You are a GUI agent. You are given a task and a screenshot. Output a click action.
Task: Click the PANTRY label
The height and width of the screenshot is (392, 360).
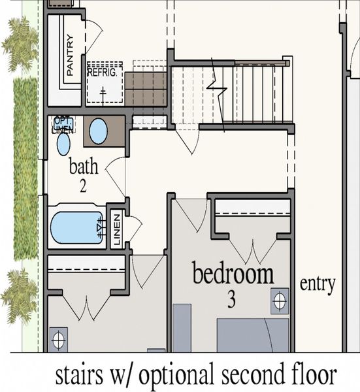coord(71,55)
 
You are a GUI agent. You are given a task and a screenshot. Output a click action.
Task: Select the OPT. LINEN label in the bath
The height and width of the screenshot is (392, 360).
coord(63,125)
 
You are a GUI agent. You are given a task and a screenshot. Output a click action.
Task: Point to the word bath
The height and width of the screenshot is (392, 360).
coord(84,166)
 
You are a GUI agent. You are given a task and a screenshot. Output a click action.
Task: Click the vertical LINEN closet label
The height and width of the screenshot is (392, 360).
coord(116,229)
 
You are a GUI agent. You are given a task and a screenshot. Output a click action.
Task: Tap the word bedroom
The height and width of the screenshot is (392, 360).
coord(233,274)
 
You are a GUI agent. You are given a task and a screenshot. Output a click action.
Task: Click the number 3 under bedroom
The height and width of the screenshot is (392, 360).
coord(231,301)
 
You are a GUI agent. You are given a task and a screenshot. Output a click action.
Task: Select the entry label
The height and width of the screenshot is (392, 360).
coord(318,284)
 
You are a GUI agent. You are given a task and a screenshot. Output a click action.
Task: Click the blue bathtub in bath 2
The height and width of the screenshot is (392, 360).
coord(76,227)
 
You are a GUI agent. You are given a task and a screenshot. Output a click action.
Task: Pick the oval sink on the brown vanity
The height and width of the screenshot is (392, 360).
coord(98,131)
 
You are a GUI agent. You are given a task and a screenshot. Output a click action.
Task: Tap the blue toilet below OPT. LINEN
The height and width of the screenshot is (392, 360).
coord(63,144)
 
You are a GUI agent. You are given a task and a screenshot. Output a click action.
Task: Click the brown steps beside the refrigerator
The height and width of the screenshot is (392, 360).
coord(146,89)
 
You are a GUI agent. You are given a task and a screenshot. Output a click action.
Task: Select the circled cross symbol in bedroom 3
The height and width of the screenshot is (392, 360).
coord(280,301)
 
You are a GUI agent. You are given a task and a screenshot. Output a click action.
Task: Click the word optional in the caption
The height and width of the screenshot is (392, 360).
coord(172,376)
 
